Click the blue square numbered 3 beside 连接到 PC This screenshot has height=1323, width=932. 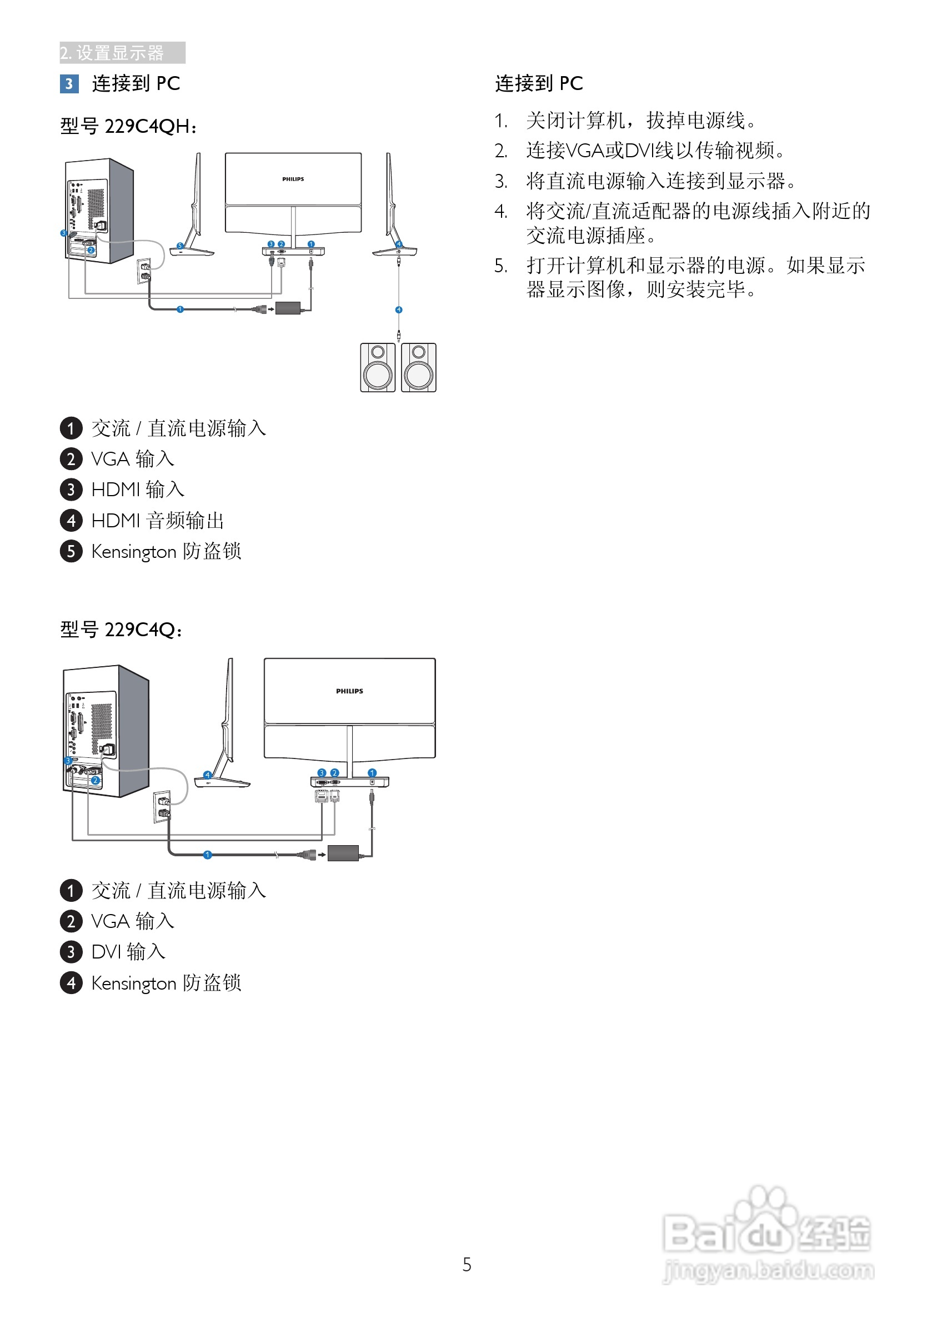pyautogui.click(x=69, y=84)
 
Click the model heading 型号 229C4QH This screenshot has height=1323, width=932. pyautogui.click(x=128, y=126)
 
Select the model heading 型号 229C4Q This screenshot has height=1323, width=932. pyautogui.click(x=122, y=629)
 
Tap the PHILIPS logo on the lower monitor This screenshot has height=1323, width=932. pyautogui.click(x=350, y=691)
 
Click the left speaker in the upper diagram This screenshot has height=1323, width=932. pyautogui.click(x=378, y=368)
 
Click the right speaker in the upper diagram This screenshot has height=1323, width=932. pyautogui.click(x=419, y=368)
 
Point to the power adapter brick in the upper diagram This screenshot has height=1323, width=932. pyautogui.click(x=288, y=308)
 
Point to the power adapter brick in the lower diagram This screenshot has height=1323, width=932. pyautogui.click(x=343, y=853)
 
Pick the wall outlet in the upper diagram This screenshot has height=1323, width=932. pyautogui.click(x=144, y=271)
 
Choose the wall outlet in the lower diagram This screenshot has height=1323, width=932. pyautogui.click(x=162, y=807)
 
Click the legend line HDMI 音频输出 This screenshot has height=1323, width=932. pyautogui.click(x=157, y=520)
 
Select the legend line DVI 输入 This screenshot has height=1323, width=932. pyautogui.click(x=128, y=951)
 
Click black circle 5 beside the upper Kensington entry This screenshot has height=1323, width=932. pyautogui.click(x=71, y=551)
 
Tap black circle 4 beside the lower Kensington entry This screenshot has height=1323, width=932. pyautogui.click(x=71, y=982)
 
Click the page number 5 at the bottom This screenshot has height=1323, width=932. pyautogui.click(x=467, y=1265)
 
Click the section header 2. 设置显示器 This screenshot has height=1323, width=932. pyautogui.click(x=112, y=53)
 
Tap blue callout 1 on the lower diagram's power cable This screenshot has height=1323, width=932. pyautogui.click(x=207, y=855)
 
